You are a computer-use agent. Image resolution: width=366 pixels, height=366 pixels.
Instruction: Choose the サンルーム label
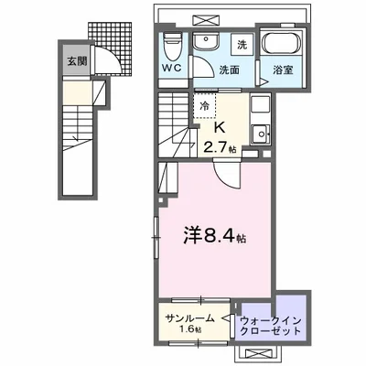190,318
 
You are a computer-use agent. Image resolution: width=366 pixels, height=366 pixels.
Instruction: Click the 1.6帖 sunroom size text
190,330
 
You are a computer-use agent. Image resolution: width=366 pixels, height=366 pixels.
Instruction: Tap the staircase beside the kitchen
176,128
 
